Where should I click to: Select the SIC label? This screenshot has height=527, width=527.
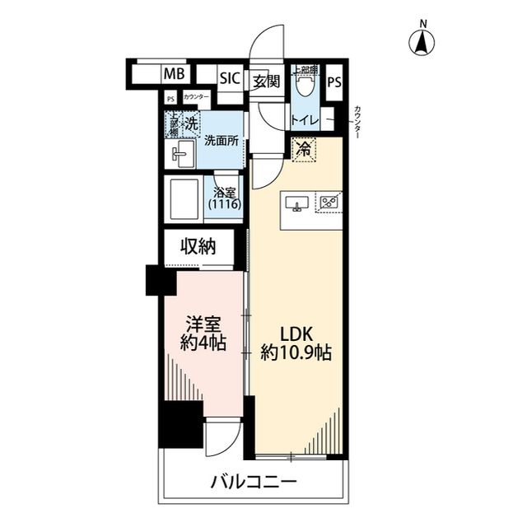pyautogui.click(x=230, y=79)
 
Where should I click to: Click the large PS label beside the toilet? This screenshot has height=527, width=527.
pyautogui.click(x=334, y=82)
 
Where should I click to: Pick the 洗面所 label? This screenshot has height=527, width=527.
pyautogui.click(x=222, y=141)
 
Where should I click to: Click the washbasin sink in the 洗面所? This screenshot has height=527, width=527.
pyautogui.click(x=181, y=153)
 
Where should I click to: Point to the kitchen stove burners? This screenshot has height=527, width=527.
pyautogui.click(x=331, y=202)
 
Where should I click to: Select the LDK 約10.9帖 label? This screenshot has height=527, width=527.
pyautogui.click(x=296, y=345)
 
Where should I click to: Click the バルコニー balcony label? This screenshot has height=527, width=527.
pyautogui.click(x=253, y=482)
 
